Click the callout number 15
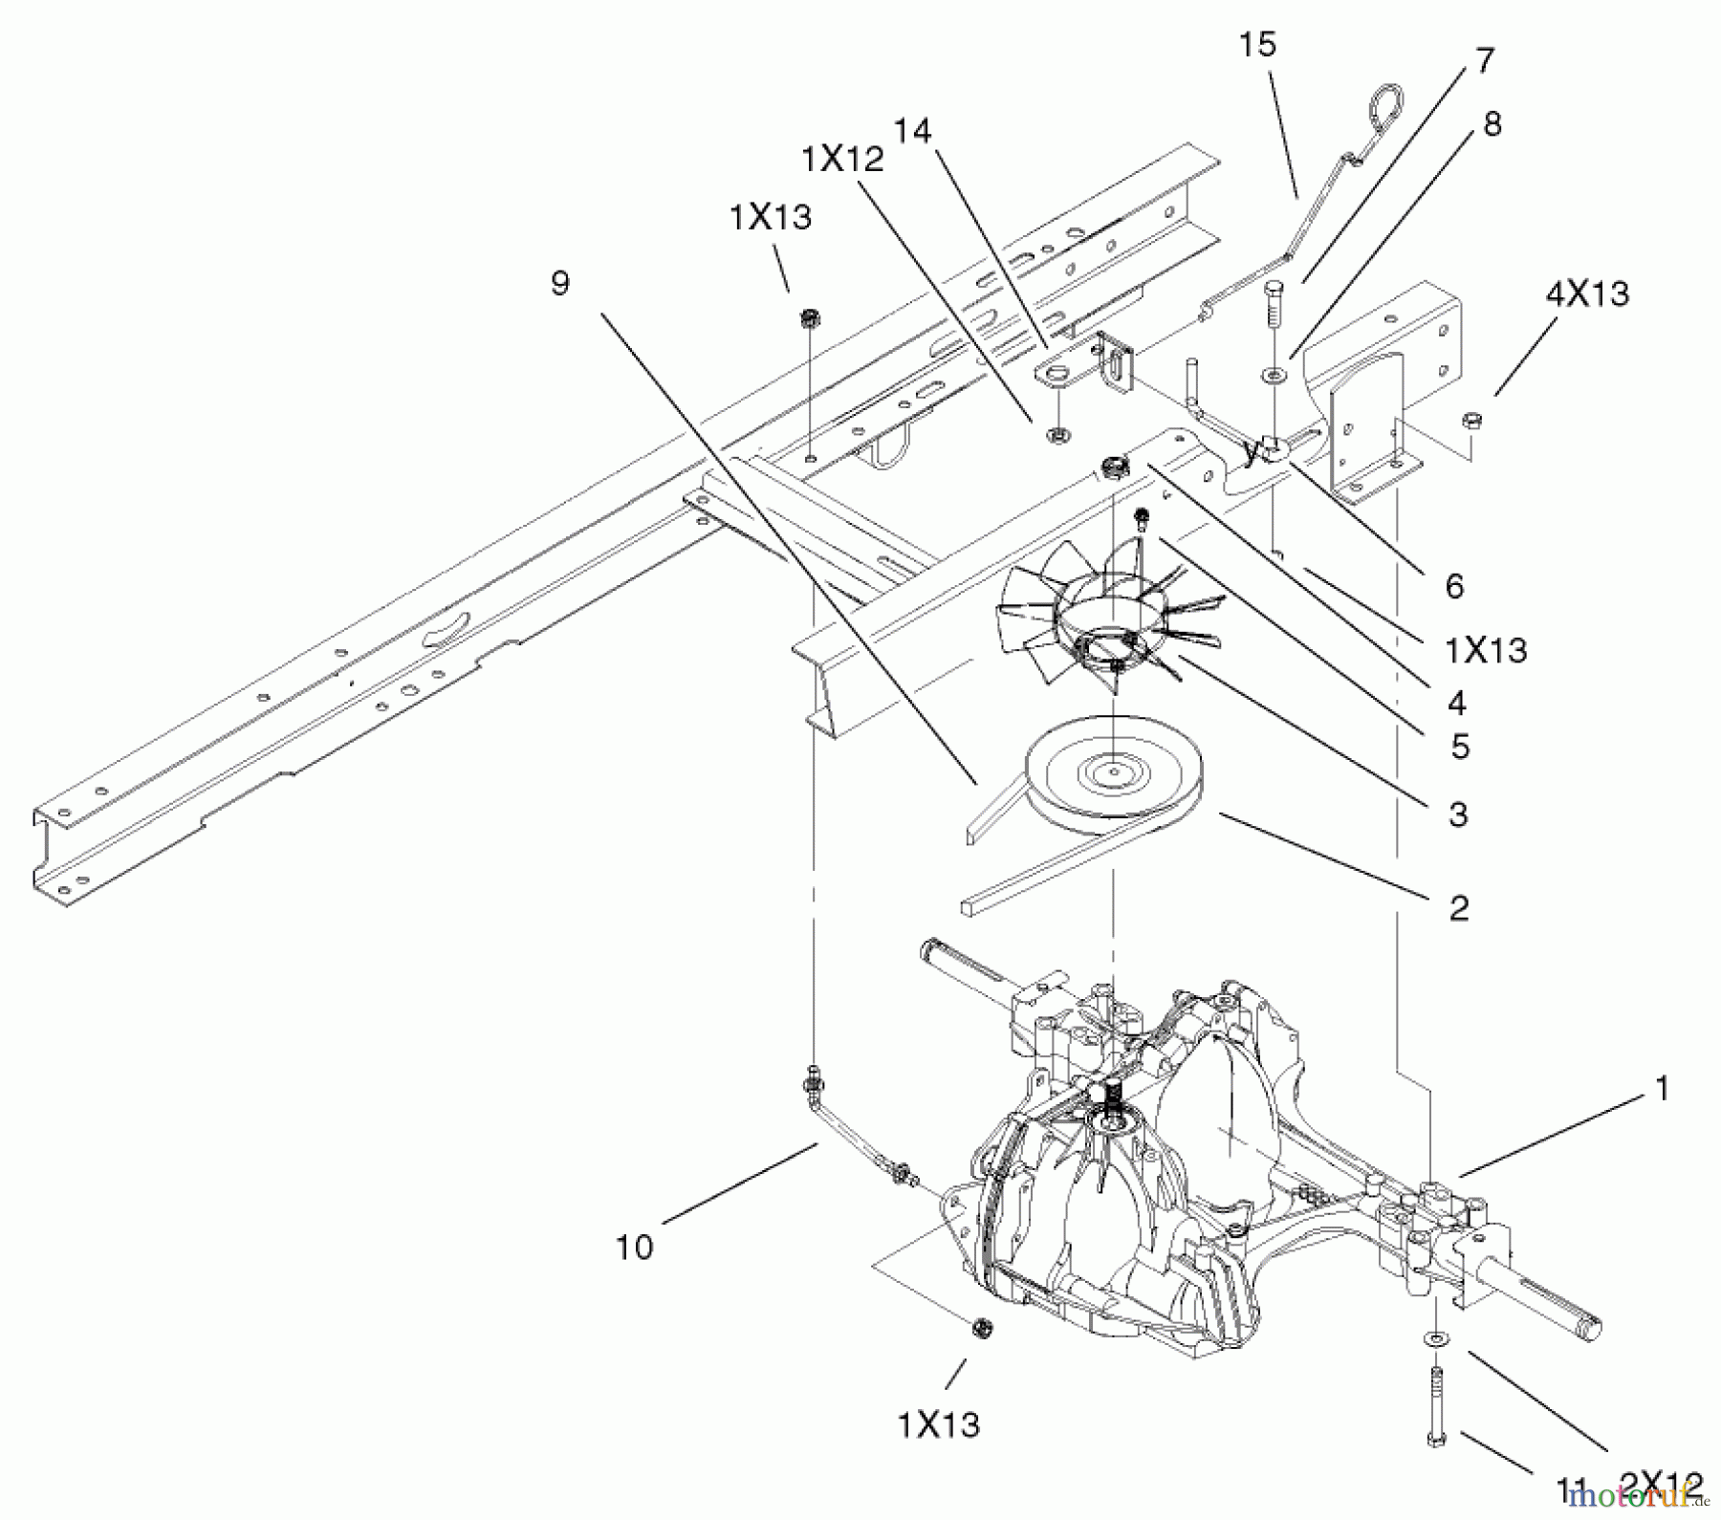point(1257,45)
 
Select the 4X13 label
point(1586,293)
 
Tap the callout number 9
point(560,283)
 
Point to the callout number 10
point(635,1247)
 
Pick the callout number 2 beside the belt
point(1458,907)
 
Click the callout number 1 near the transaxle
point(1662,1089)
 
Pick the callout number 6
point(1454,585)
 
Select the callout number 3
point(1457,814)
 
